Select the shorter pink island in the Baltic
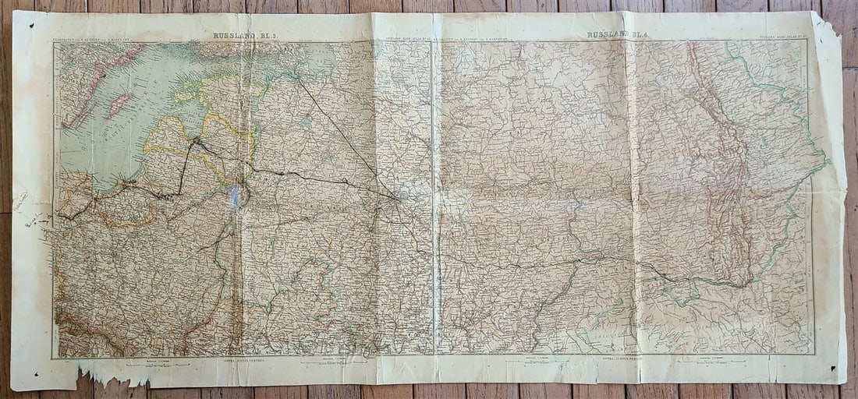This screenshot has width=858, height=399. [119, 106]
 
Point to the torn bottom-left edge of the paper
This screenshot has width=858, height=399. [109, 380]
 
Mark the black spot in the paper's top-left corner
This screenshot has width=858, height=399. [32, 26]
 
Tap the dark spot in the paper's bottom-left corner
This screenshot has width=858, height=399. [36, 376]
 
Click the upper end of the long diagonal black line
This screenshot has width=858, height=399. [299, 79]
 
